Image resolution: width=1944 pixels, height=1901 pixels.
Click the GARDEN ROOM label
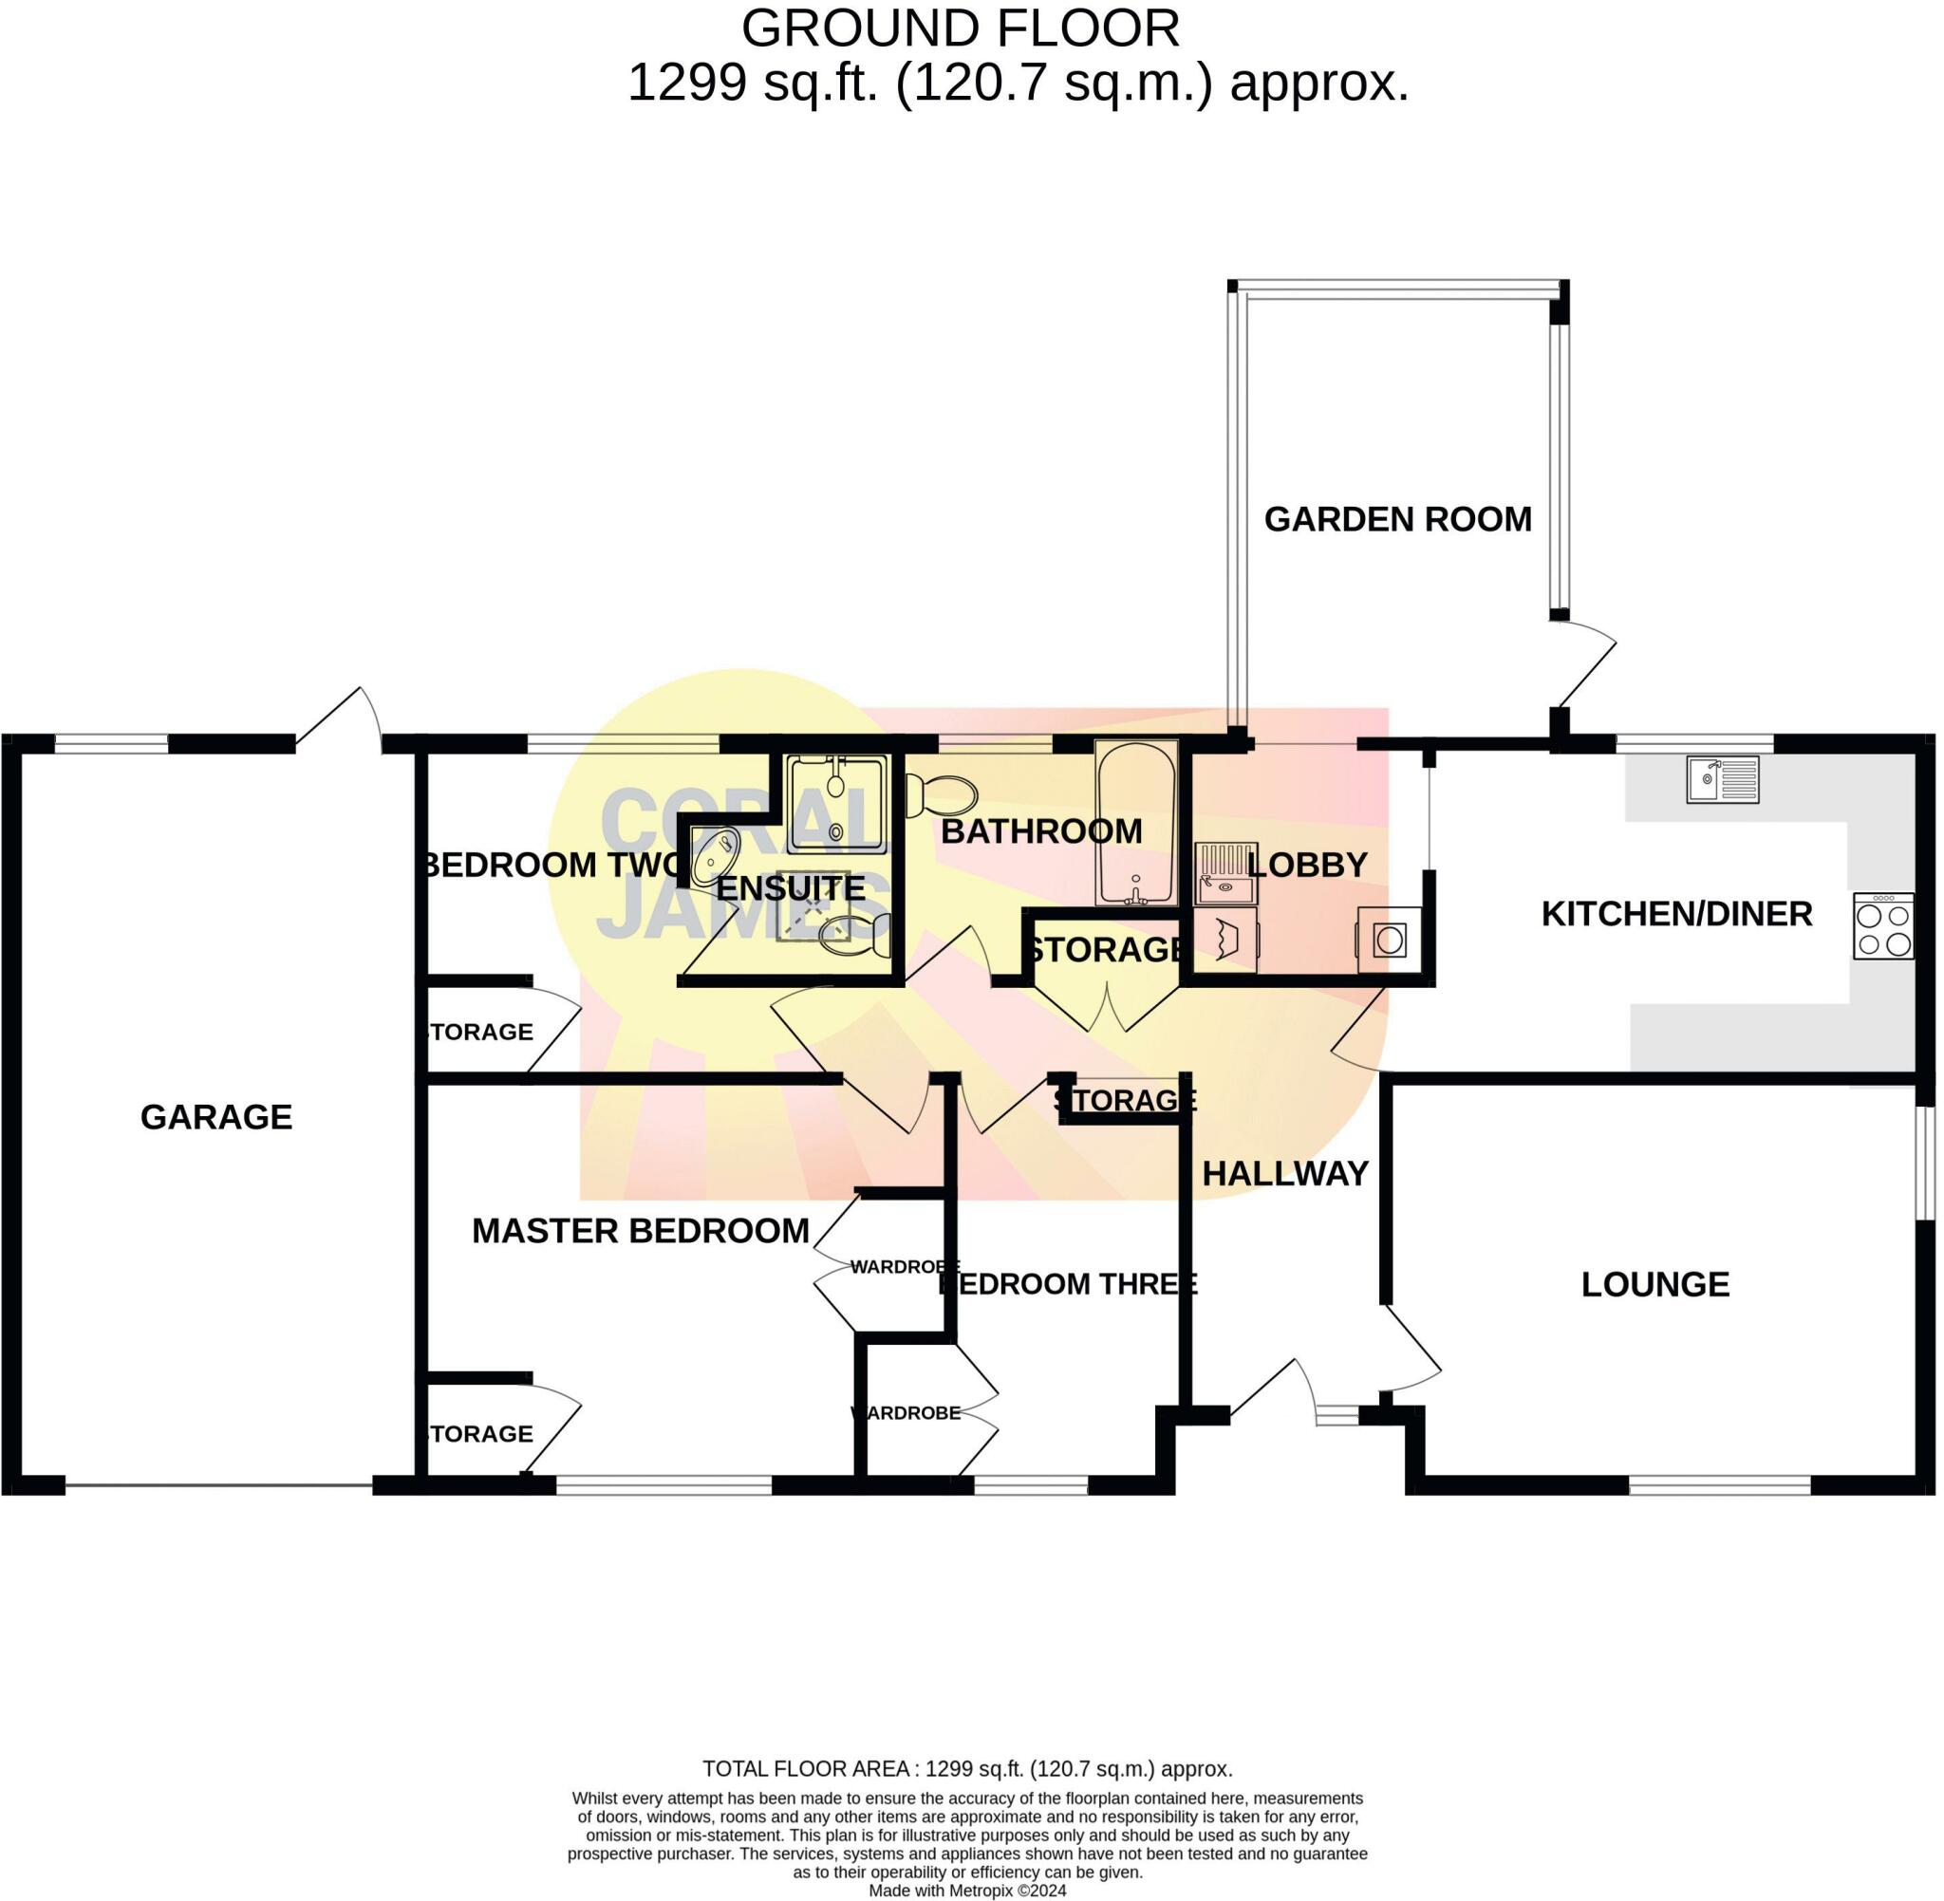point(1397,519)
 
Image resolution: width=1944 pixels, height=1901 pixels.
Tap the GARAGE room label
point(216,1116)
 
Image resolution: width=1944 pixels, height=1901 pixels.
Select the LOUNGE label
point(1654,1284)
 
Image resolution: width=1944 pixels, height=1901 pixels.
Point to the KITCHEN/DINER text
point(1675,914)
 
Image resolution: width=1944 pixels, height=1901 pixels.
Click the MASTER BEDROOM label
point(640,1231)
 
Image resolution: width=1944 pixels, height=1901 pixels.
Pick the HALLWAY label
point(1284,1173)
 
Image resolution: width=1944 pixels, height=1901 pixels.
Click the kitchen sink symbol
point(1721,780)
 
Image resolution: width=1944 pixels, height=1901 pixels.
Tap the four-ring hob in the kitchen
point(1882,926)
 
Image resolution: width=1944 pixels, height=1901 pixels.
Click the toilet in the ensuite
point(852,936)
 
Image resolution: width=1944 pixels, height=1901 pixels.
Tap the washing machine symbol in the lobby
point(1389,940)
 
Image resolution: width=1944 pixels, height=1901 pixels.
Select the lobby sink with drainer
point(1224,872)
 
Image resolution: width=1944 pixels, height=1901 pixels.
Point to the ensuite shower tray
point(835,804)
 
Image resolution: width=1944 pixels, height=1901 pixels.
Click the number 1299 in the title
point(686,82)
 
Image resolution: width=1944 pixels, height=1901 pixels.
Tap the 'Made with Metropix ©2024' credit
point(966,1890)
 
